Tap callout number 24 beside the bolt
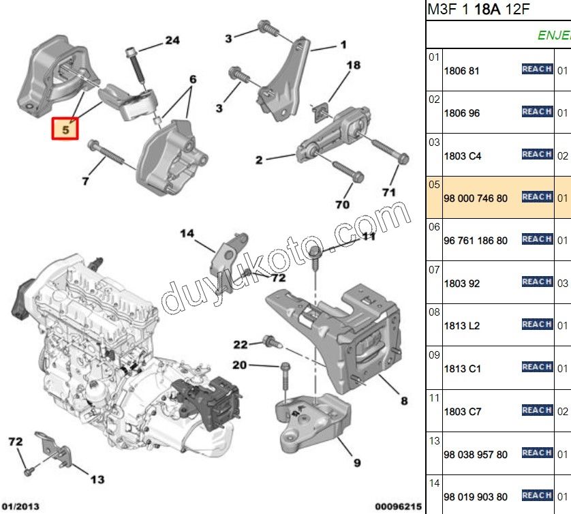(172, 41)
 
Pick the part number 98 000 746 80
(475, 198)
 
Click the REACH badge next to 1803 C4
(536, 154)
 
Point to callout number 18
(352, 65)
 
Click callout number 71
(388, 192)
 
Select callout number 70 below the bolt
(342, 204)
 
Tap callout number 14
(187, 234)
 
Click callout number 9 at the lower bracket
(357, 463)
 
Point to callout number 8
(404, 401)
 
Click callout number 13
(97, 479)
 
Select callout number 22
(241, 344)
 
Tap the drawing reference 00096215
(399, 507)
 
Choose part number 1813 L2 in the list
(461, 326)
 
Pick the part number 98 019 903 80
(475, 497)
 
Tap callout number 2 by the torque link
(260, 161)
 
